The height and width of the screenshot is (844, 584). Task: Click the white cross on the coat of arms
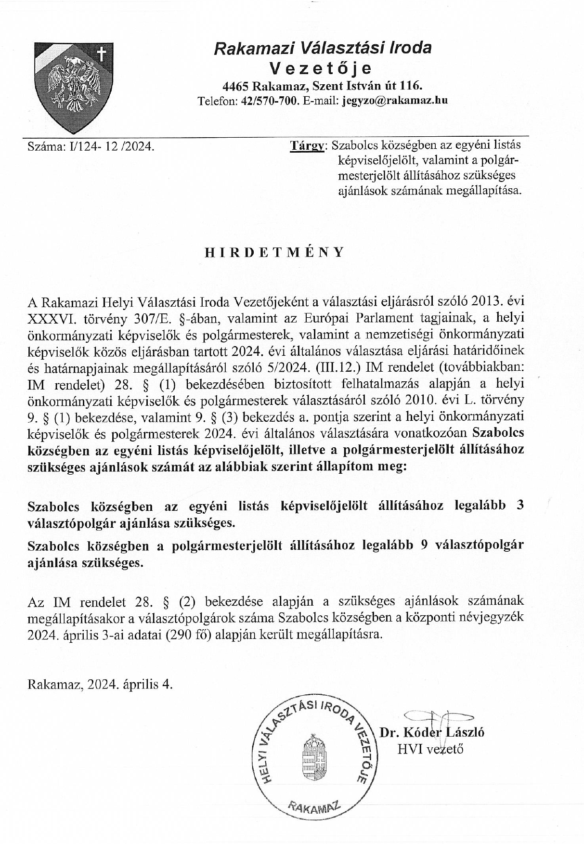[x=101, y=54]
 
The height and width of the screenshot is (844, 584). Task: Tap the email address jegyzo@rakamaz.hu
[x=394, y=101]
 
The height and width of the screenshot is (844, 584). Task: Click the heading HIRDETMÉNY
[x=274, y=252]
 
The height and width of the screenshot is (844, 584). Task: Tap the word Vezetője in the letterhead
[x=321, y=68]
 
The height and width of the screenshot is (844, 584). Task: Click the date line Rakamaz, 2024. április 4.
[x=100, y=684]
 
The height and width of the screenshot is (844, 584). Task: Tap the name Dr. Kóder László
[x=432, y=732]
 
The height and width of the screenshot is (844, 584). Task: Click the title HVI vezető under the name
[x=430, y=749]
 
